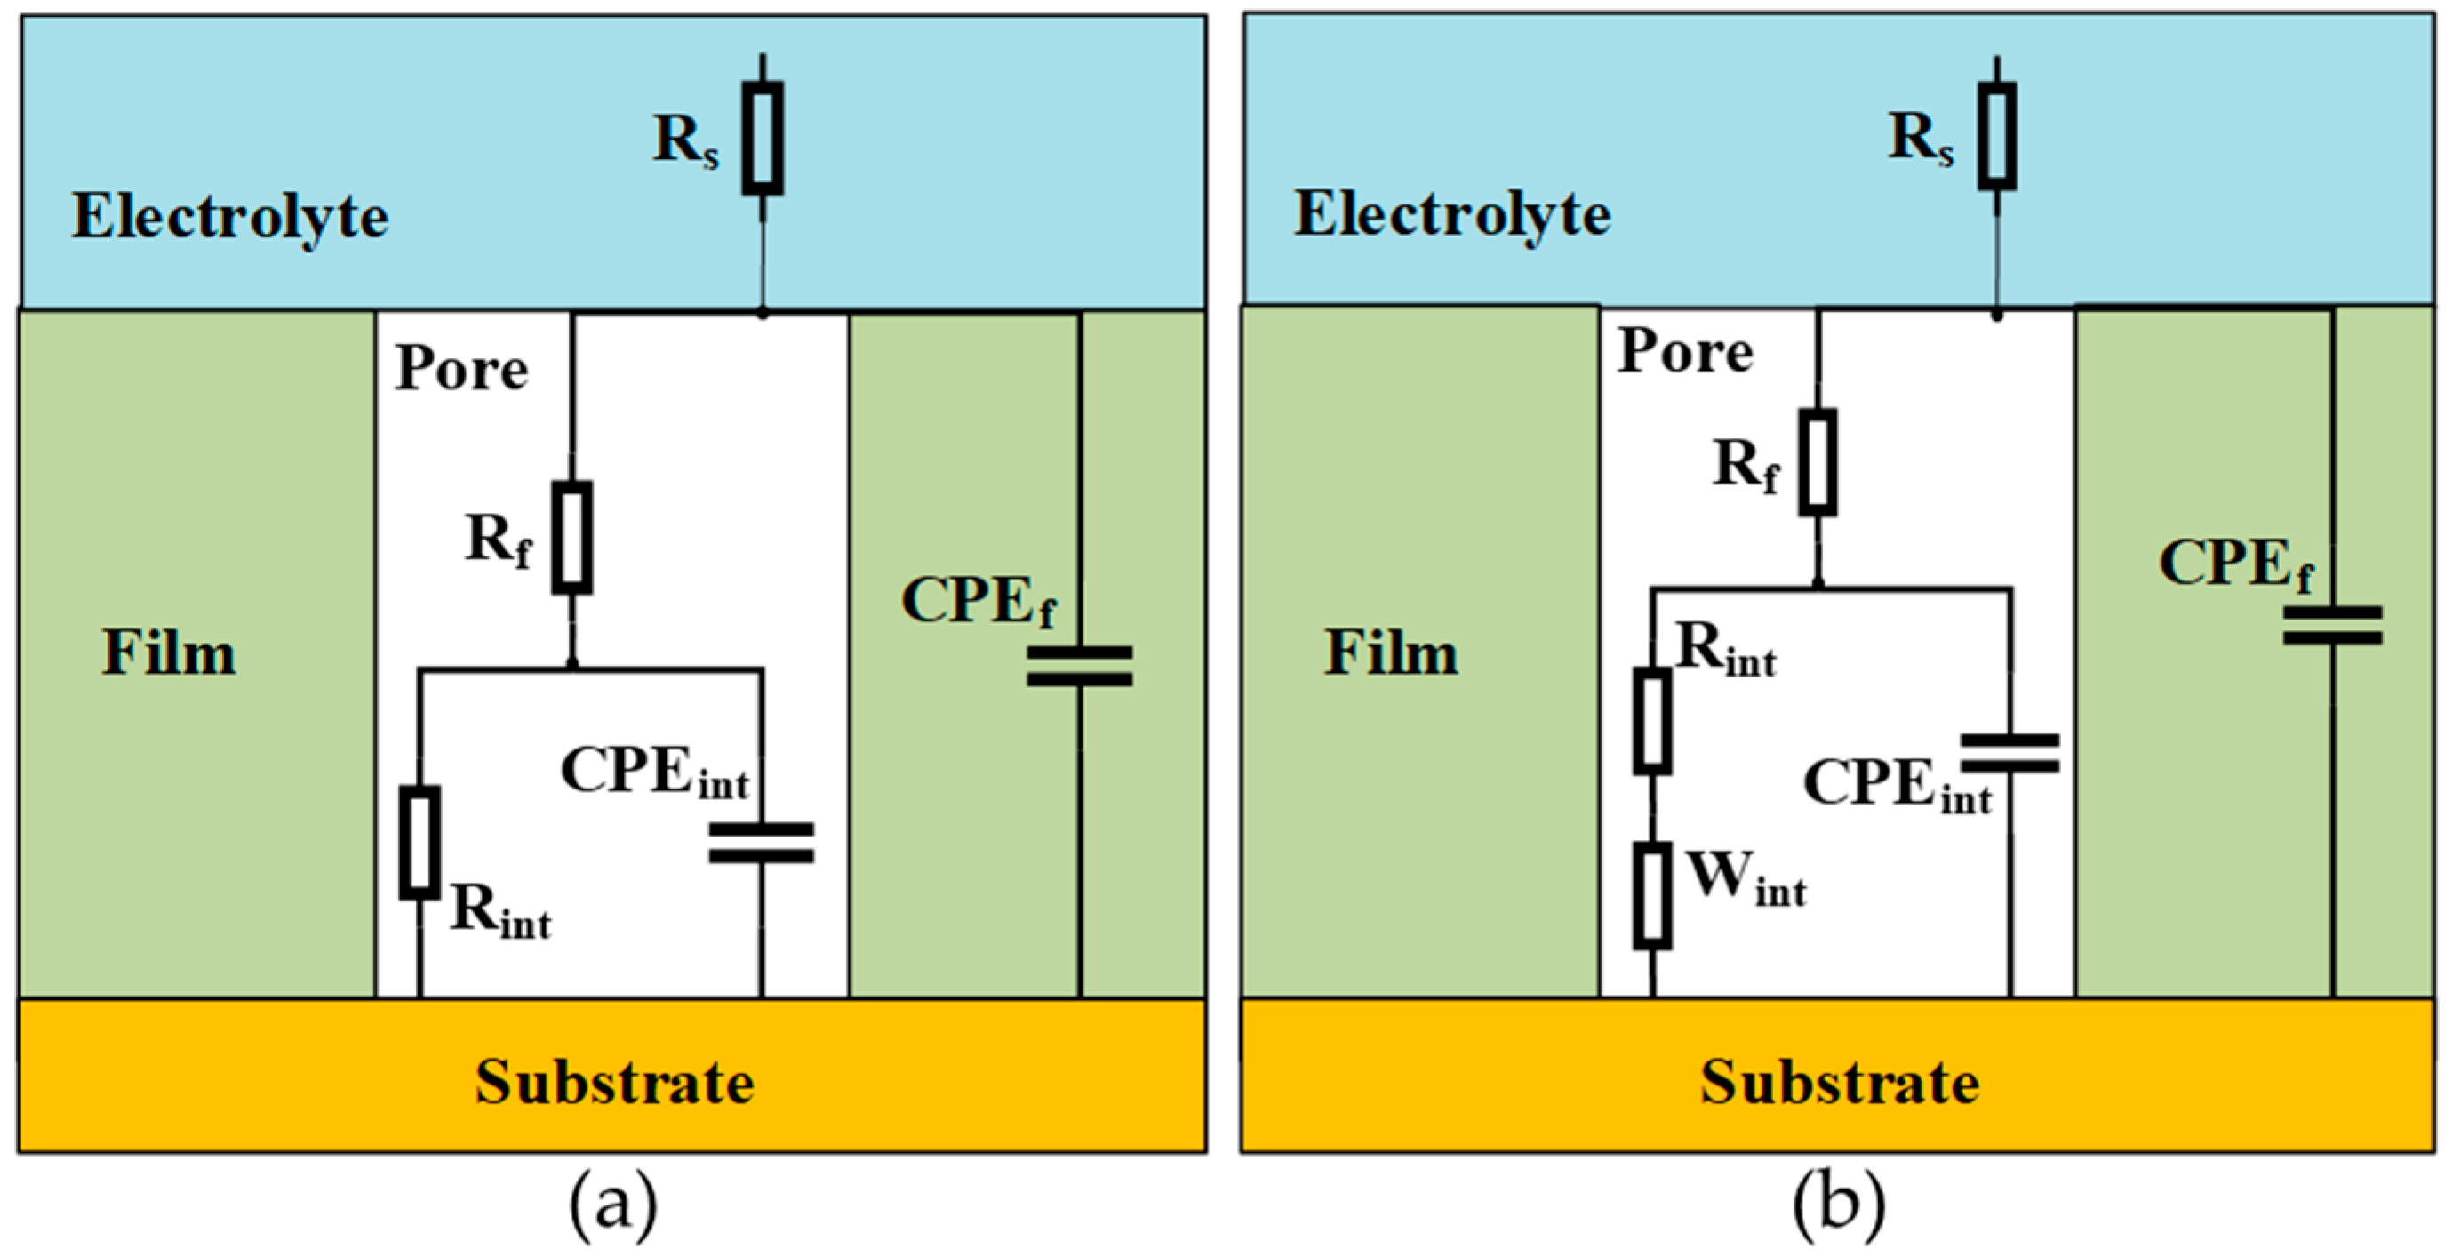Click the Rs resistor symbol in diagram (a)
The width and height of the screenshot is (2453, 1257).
point(763,138)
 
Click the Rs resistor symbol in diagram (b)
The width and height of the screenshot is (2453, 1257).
point(1996,136)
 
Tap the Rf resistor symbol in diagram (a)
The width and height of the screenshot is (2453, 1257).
point(572,537)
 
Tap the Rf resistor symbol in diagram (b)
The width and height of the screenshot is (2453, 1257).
point(1817,463)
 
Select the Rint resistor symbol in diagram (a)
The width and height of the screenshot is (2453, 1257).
point(419,842)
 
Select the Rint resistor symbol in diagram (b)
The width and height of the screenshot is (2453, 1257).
point(1652,721)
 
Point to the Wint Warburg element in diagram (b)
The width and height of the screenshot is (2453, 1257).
point(1652,895)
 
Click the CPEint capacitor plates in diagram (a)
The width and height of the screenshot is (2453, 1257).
point(762,843)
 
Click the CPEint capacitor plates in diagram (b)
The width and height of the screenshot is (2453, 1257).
point(2010,752)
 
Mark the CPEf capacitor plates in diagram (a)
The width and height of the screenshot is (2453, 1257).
point(1080,666)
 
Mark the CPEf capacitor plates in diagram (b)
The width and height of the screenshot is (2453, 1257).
point(2332,625)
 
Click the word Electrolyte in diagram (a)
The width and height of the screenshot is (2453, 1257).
point(230,217)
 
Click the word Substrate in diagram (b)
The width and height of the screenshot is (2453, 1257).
point(1840,1083)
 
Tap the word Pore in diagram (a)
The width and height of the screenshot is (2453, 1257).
point(462,369)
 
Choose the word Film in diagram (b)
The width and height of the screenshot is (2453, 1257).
point(1391,653)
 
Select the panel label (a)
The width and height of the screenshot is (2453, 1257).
point(613,1204)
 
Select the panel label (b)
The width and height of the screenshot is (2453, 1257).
point(1839,1204)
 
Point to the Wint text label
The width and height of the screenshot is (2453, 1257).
point(1746,878)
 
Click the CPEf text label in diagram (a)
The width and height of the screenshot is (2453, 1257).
point(978,601)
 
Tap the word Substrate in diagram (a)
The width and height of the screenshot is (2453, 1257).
point(614,1083)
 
